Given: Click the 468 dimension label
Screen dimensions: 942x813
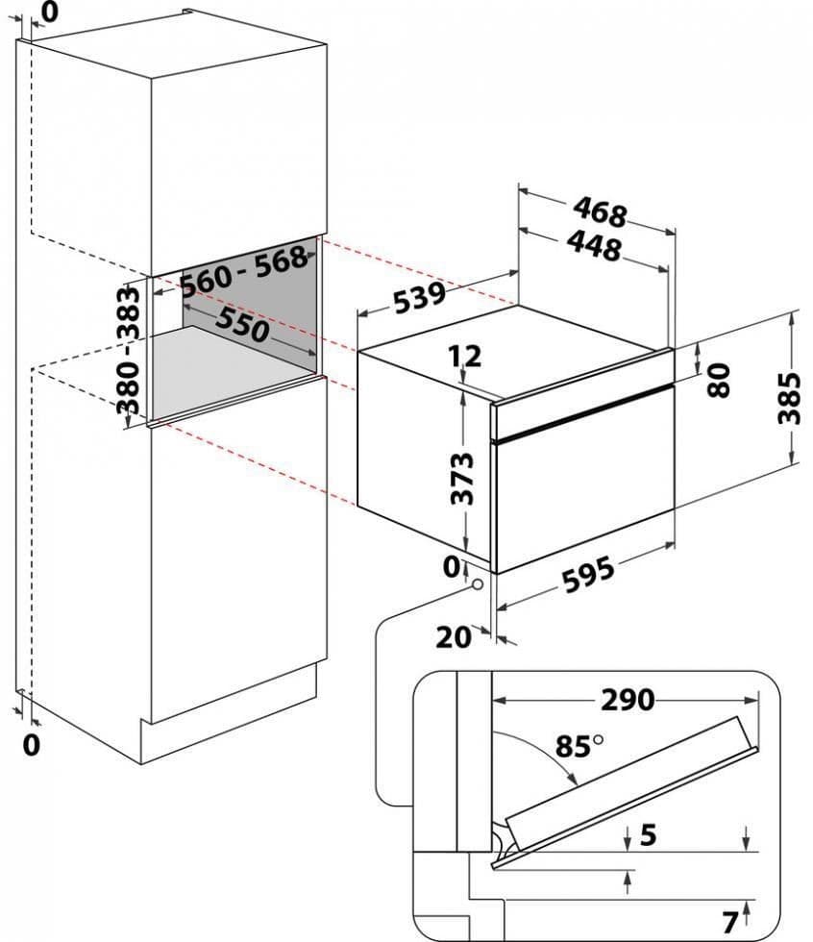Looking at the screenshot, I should (x=601, y=210).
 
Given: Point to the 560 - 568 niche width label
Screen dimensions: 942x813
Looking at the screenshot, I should (x=244, y=269).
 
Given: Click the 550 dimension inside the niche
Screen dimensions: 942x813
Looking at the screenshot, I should (x=240, y=325).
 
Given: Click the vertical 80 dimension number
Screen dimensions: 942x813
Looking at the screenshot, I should (x=718, y=379).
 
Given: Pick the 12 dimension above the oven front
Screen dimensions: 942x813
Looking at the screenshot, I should (x=465, y=358).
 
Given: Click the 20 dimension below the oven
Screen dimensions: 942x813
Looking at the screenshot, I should (x=456, y=636).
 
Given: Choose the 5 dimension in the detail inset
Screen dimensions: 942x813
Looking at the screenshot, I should (x=649, y=834).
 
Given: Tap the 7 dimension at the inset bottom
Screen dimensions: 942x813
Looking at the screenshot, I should (x=729, y=923).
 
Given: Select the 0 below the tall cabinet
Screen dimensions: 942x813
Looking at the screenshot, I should (x=32, y=743).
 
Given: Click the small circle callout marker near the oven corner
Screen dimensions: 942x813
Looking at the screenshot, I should (x=478, y=582).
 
